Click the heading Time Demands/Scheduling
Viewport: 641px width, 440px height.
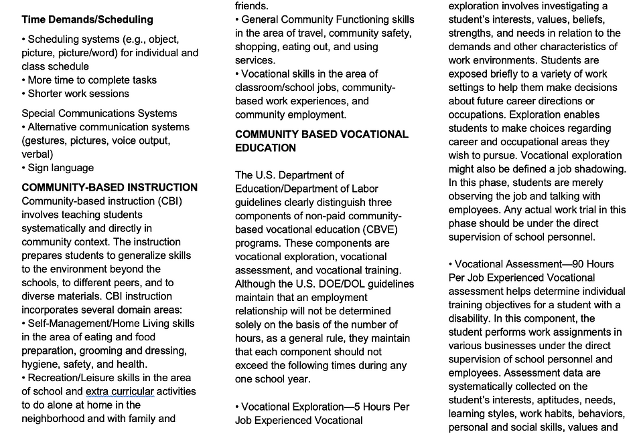click(x=87, y=19)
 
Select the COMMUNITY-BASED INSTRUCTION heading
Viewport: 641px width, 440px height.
click(x=109, y=187)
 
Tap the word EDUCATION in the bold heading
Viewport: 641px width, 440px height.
click(x=265, y=148)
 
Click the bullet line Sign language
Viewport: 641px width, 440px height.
click(x=60, y=168)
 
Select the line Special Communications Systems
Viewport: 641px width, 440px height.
click(x=99, y=113)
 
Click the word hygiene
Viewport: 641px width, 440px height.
click(x=39, y=364)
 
